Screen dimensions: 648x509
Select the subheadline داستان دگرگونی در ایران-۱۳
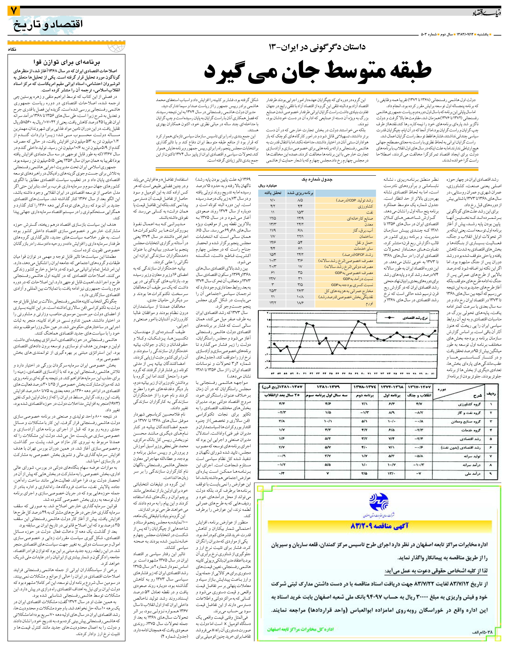(x=317, y=47)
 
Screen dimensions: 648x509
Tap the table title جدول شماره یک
(x=317, y=179)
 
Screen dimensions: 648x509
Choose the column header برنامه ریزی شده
(x=300, y=193)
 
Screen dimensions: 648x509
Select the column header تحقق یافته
(x=272, y=193)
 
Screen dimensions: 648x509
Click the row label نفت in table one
(x=370, y=212)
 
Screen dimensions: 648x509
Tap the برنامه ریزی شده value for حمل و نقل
(x=300, y=242)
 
